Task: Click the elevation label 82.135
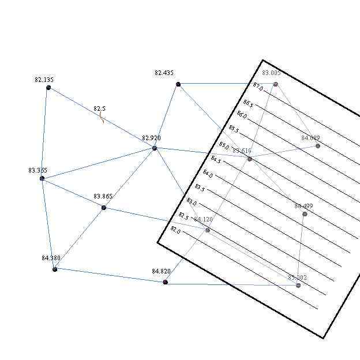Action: (x=44, y=80)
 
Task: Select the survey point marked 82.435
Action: (x=178, y=84)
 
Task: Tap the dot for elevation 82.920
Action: (x=155, y=148)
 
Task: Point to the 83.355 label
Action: (x=37, y=171)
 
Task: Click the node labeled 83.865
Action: (x=104, y=207)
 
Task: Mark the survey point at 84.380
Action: (x=55, y=269)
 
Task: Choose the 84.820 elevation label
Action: (x=161, y=271)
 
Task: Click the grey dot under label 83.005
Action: (x=276, y=84)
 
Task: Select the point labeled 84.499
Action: (x=305, y=214)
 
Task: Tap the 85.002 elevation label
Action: (x=297, y=277)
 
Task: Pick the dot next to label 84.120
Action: (x=208, y=230)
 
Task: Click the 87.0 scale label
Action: (x=257, y=86)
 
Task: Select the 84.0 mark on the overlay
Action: (x=208, y=174)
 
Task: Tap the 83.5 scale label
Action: (x=200, y=187)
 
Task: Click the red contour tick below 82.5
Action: (x=102, y=118)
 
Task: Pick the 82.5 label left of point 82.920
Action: (x=100, y=108)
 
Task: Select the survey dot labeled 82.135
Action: (x=48, y=88)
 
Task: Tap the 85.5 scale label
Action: (x=233, y=129)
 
